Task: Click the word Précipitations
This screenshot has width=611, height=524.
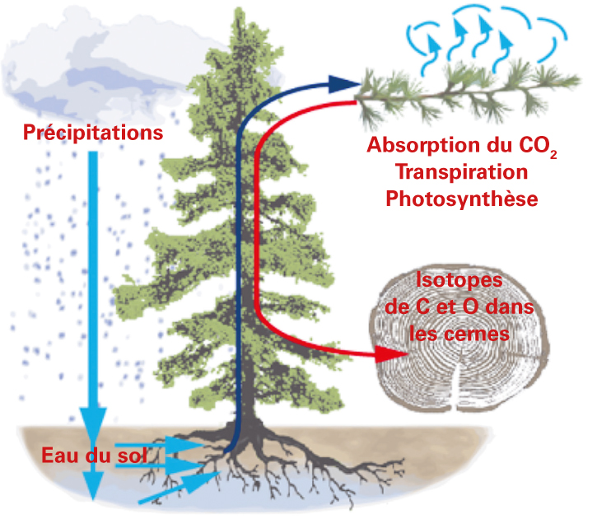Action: pyautogui.click(x=92, y=132)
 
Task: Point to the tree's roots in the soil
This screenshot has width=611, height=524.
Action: pyautogui.click(x=264, y=470)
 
